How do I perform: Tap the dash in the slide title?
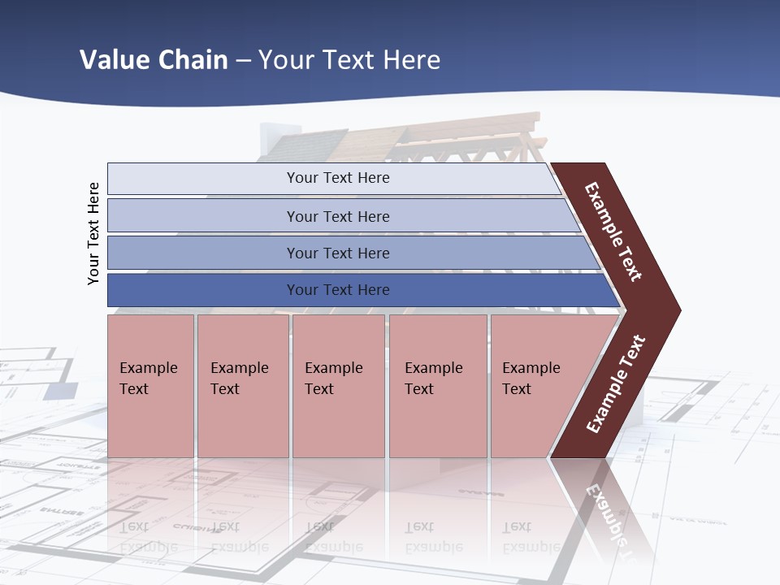(x=243, y=61)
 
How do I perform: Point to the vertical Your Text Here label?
(x=93, y=233)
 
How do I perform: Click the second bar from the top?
(x=337, y=216)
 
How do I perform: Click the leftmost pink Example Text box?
(x=150, y=386)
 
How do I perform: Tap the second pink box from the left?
(x=242, y=386)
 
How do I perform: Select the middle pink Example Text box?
(x=338, y=386)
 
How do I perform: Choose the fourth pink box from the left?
(x=437, y=386)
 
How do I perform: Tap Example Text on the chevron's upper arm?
(x=613, y=232)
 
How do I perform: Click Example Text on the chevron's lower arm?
(x=616, y=384)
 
